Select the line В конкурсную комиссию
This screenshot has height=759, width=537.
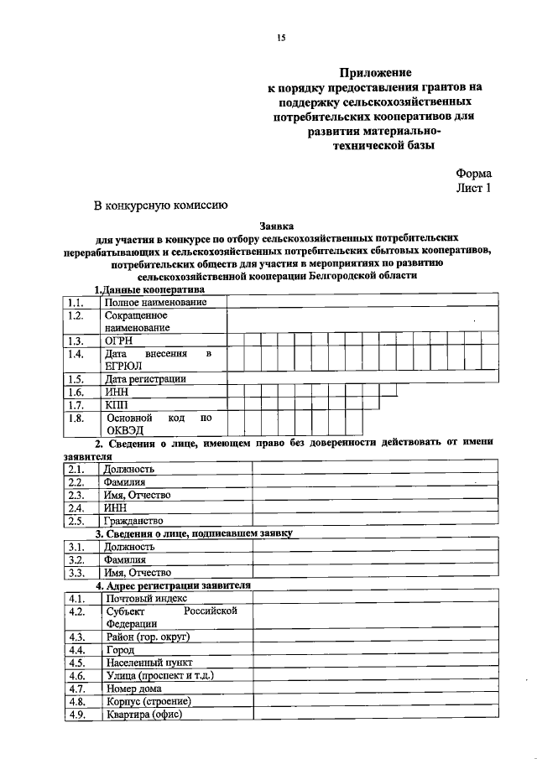[159, 204]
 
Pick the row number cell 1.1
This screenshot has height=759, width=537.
[76, 302]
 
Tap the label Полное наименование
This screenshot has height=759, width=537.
[155, 302]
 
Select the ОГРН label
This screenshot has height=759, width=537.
[119, 341]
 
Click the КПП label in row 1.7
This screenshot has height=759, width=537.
[117, 404]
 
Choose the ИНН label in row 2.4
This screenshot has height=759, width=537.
[115, 507]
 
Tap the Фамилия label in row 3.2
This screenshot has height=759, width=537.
[125, 559]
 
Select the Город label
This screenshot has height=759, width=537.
[121, 650]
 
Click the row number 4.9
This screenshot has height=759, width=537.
[76, 715]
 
